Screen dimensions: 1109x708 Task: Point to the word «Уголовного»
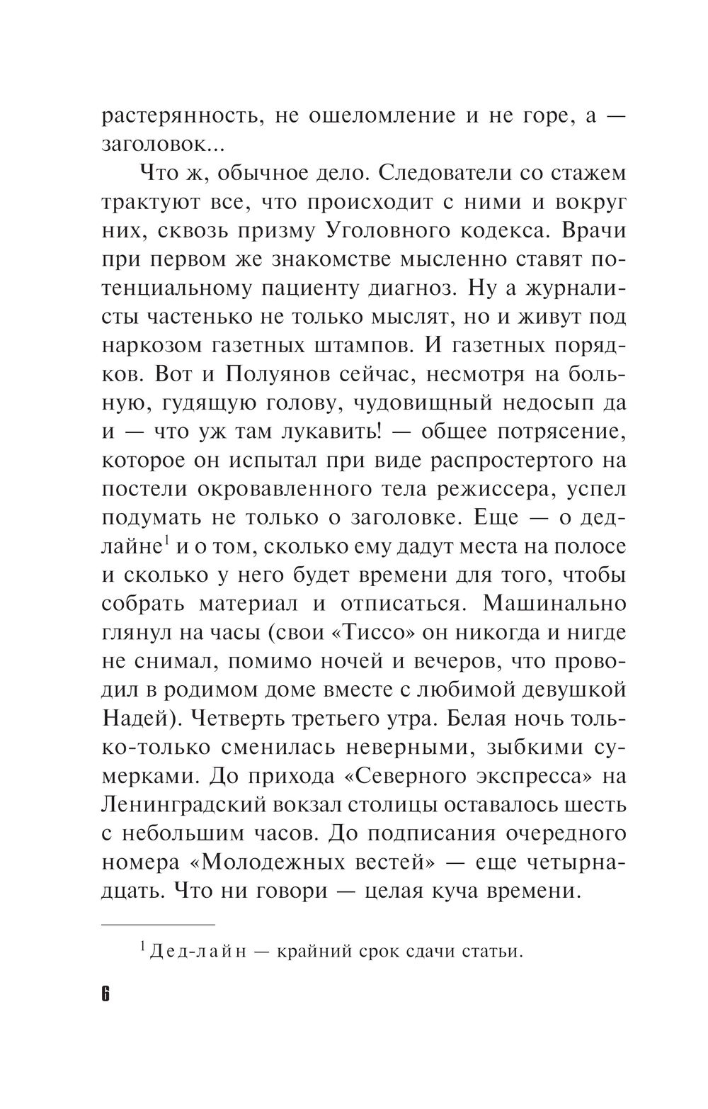[418, 231]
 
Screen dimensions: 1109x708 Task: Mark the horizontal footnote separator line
[157, 925]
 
